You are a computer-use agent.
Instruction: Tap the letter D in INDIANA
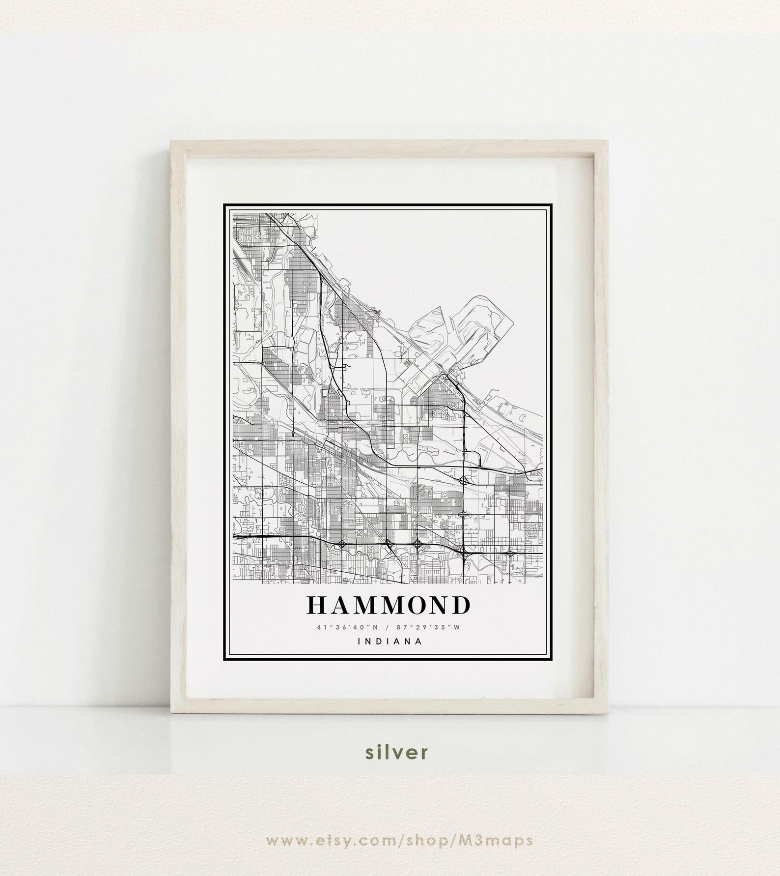coord(379,641)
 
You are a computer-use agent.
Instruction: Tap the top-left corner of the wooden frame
coord(170,141)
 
